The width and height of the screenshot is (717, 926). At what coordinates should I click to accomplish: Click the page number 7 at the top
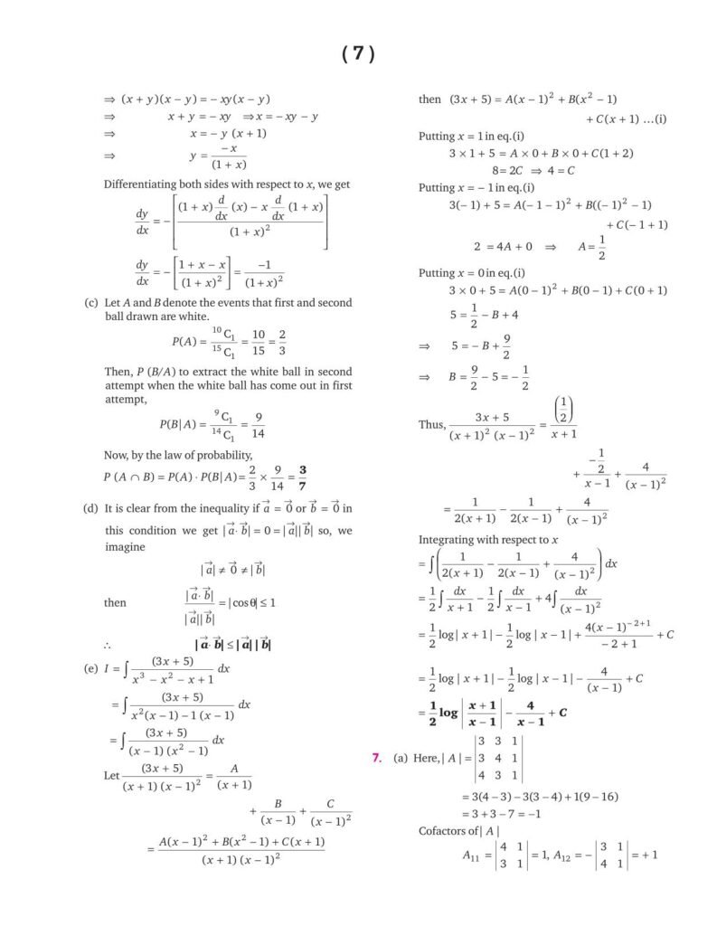tap(358, 54)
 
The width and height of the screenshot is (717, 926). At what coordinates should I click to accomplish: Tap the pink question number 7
tap(376, 757)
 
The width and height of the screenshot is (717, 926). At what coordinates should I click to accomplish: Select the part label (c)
tap(90, 302)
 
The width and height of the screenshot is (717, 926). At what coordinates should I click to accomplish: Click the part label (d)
tap(90, 508)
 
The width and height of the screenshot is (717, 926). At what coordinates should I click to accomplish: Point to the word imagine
tap(124, 547)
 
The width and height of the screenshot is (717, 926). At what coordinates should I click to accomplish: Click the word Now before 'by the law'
tap(118, 454)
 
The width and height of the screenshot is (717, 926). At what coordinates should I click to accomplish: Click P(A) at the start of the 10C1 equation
tap(184, 342)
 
